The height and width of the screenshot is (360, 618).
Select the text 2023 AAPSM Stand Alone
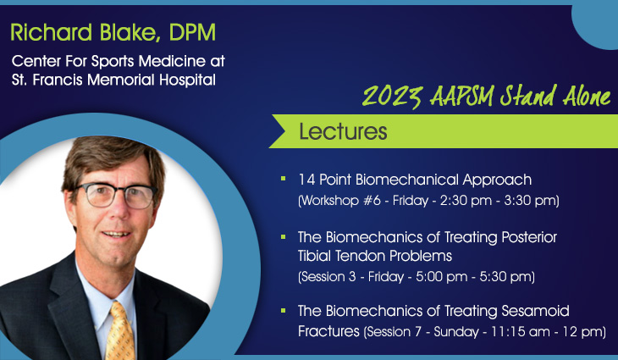(486, 96)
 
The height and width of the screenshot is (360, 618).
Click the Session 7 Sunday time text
(484, 332)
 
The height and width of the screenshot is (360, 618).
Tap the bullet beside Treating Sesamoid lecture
(284, 311)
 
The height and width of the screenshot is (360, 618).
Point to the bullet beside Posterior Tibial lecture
(284, 236)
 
